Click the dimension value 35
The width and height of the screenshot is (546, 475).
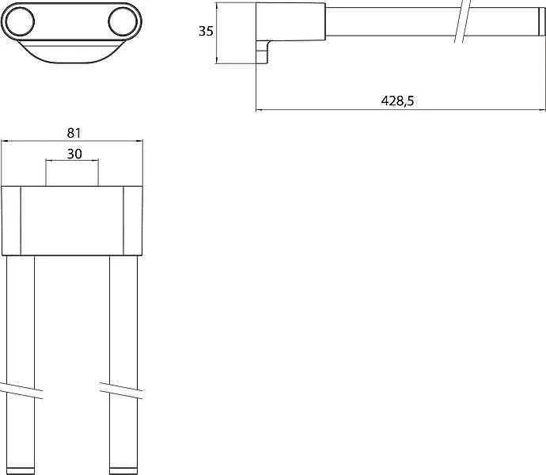click(206, 31)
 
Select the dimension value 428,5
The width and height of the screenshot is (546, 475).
click(398, 101)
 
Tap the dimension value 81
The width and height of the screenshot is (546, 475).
click(74, 133)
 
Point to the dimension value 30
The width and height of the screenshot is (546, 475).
click(74, 154)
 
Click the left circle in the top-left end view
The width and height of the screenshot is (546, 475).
click(20, 21)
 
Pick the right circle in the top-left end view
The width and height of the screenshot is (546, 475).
click(123, 21)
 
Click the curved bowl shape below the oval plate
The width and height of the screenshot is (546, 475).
click(71, 52)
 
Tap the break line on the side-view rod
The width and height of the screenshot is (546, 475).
click(463, 21)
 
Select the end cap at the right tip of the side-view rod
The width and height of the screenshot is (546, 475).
click(541, 21)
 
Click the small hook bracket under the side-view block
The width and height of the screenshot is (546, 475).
click(264, 52)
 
